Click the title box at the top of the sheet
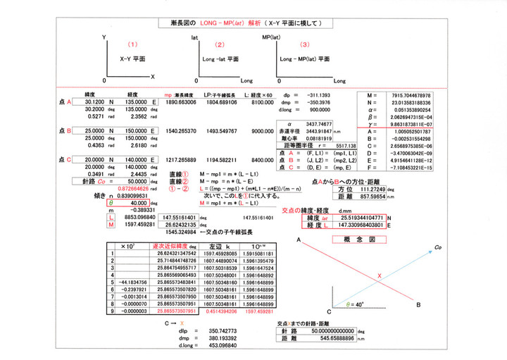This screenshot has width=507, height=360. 251,23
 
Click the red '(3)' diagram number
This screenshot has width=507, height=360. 304,45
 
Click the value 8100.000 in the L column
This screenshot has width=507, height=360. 263,101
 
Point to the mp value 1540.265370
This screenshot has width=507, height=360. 180,131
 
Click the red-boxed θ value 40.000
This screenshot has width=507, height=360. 134,203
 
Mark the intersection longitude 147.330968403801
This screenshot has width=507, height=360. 358,225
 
